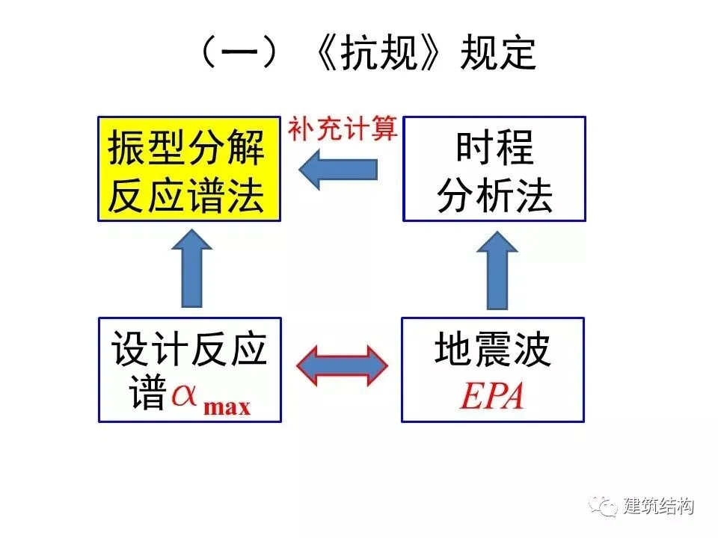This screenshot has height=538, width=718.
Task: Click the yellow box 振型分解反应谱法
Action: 188,168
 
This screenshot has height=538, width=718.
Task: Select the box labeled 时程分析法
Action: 494,168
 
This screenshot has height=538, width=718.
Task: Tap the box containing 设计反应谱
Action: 190,369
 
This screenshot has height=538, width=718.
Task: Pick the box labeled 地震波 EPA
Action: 493,369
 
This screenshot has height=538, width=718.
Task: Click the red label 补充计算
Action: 343,129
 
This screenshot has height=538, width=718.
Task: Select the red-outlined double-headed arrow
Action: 342,366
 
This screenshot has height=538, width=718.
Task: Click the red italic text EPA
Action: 491,397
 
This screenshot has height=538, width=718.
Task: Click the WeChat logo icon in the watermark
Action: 602,506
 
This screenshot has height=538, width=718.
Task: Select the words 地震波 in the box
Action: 493,350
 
